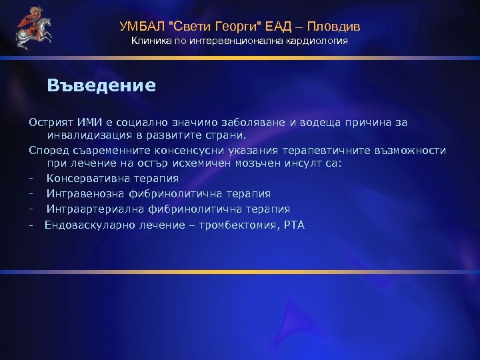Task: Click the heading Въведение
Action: (x=101, y=85)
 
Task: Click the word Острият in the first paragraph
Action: (x=49, y=122)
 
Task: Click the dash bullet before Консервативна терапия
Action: (x=31, y=178)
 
